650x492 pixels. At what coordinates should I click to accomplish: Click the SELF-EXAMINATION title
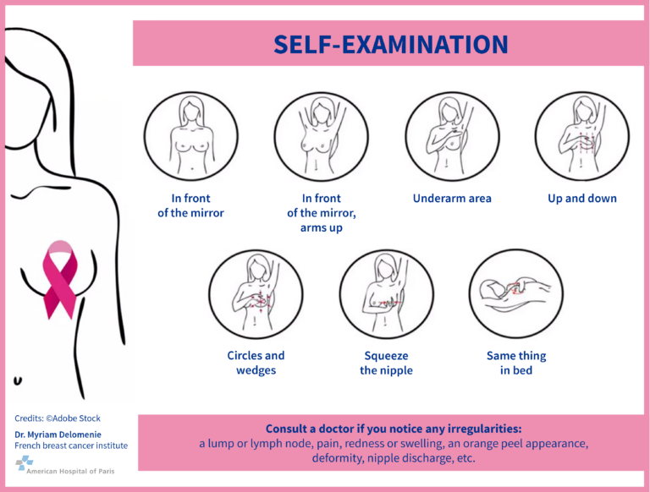pyautogui.click(x=390, y=44)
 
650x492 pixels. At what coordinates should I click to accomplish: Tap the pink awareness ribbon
pyautogui.click(x=60, y=280)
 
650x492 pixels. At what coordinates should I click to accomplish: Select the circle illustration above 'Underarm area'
pyautogui.click(x=452, y=136)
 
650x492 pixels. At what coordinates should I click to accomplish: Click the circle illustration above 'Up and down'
pyautogui.click(x=582, y=136)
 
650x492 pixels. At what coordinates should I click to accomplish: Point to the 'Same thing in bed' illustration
pyautogui.click(x=516, y=293)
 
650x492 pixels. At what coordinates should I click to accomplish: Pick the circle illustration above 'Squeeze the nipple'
pyautogui.click(x=386, y=293)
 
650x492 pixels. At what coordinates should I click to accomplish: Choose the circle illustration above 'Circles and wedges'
pyautogui.click(x=256, y=293)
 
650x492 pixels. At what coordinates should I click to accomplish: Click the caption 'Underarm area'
pyautogui.click(x=452, y=199)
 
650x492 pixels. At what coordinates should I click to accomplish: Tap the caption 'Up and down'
pyautogui.click(x=582, y=199)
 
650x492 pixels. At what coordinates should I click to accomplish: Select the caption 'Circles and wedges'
pyautogui.click(x=256, y=363)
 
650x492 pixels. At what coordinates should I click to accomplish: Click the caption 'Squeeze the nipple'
pyautogui.click(x=386, y=364)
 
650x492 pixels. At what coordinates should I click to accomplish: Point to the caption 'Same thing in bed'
pyautogui.click(x=516, y=364)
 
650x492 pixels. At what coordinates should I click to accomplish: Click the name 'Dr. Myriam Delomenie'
pyautogui.click(x=58, y=435)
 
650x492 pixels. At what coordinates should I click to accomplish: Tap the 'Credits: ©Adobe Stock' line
pyautogui.click(x=58, y=418)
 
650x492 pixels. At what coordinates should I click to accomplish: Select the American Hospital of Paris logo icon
pyautogui.click(x=25, y=463)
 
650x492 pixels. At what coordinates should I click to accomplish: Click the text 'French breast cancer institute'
pyautogui.click(x=71, y=446)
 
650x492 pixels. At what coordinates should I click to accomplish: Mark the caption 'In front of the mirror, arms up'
pyautogui.click(x=322, y=213)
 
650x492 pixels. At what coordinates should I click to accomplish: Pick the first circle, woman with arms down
pyautogui.click(x=191, y=136)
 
